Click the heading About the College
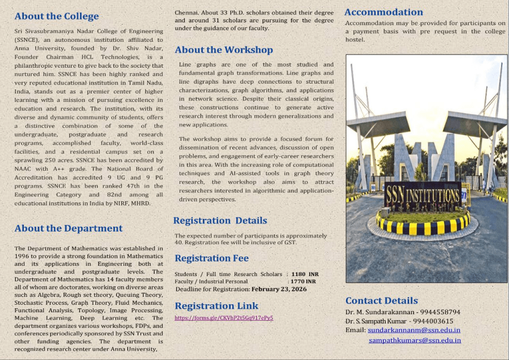coord(57,16)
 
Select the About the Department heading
coord(69,228)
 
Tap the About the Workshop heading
coord(224,50)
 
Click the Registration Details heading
coord(220,220)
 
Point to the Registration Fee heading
coord(212,258)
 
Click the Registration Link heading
coord(217,306)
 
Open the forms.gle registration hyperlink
coord(224,318)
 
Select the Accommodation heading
coord(384,12)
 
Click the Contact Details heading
coord(382,300)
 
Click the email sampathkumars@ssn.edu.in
coord(415,340)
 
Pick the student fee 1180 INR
coord(305,274)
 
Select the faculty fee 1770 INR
coord(303,281)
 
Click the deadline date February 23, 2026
coord(279,289)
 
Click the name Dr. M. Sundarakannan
coord(376,312)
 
